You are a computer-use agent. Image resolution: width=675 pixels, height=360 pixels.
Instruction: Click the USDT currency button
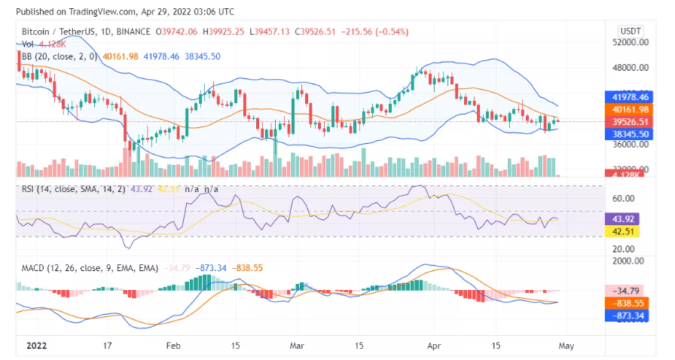pos(630,31)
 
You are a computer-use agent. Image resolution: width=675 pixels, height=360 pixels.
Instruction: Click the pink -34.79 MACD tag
pos(629,290)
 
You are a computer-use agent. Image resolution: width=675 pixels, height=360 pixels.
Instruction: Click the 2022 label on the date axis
pos(36,346)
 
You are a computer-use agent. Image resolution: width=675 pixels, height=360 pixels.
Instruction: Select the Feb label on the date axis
pos(174,346)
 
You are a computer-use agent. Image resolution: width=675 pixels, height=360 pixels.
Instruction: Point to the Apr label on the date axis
pos(432,346)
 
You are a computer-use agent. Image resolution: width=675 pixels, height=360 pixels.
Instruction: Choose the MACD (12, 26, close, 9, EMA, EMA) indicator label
pos(82,267)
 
